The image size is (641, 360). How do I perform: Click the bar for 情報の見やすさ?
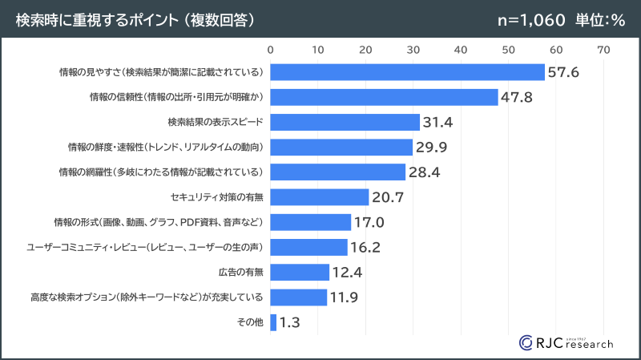coord(407,72)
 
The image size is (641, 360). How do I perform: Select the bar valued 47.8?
coord(384,97)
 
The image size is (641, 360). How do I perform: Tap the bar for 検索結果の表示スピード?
coord(345,122)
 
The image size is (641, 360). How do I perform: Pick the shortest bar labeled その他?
coord(274,322)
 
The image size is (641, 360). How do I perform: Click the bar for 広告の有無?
coord(300,272)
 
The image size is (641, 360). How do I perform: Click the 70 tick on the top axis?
coord(603,50)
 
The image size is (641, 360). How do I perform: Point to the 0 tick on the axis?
coord(271,50)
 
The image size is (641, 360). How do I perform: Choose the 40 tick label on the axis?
coord(461,50)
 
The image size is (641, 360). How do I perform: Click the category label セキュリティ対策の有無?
coord(217,197)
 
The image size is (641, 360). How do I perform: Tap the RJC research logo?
coord(566,341)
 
